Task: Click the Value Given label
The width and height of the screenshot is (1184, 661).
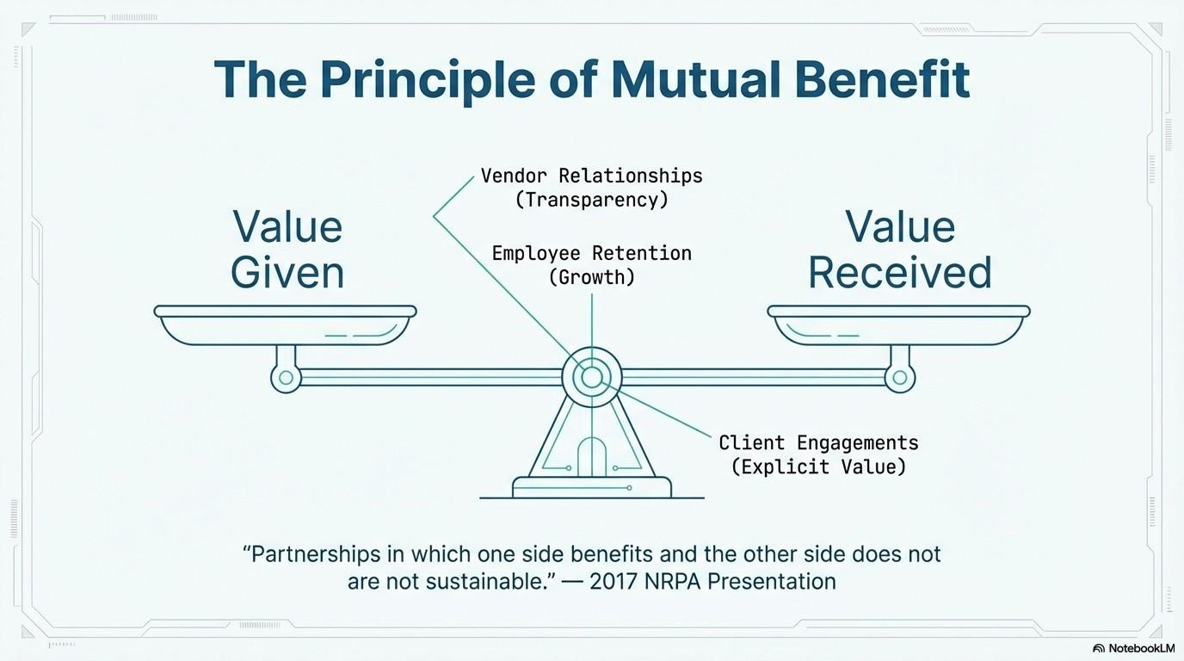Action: click(x=287, y=250)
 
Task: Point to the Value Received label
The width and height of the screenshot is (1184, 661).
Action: click(x=900, y=250)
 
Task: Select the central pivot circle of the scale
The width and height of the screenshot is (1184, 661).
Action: click(x=592, y=377)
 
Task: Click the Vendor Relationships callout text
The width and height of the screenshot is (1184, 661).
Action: click(x=591, y=176)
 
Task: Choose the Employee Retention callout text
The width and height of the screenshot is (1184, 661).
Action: click(x=592, y=253)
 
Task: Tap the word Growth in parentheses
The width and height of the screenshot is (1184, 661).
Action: click(x=592, y=277)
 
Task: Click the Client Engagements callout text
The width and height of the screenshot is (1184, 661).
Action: click(x=818, y=443)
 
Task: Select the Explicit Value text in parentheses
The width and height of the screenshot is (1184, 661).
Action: click(x=818, y=466)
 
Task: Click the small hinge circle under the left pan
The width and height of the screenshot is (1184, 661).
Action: click(x=285, y=377)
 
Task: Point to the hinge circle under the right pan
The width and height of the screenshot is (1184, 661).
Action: click(x=900, y=377)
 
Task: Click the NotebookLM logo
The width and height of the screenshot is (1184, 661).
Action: click(x=1133, y=648)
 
